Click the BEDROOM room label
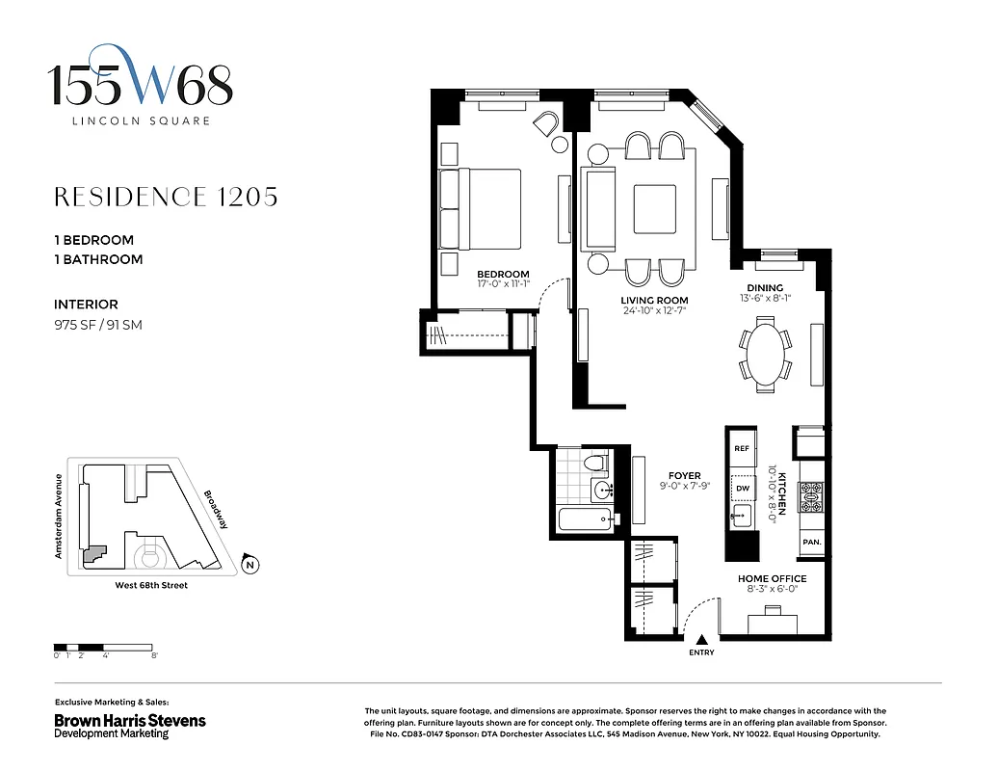click(x=503, y=274)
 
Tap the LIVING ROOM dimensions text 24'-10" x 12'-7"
click(x=654, y=311)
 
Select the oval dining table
click(x=766, y=356)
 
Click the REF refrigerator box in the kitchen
click(x=742, y=448)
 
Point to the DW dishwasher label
click(x=742, y=489)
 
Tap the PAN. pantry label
click(x=811, y=543)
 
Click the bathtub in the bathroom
click(x=587, y=520)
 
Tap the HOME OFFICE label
click(x=772, y=578)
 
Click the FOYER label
click(x=685, y=475)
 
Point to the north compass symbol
click(x=249, y=565)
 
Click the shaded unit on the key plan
click(x=93, y=554)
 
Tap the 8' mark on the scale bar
click(x=154, y=655)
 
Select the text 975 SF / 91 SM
click(x=98, y=325)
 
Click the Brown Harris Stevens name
click(x=129, y=720)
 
